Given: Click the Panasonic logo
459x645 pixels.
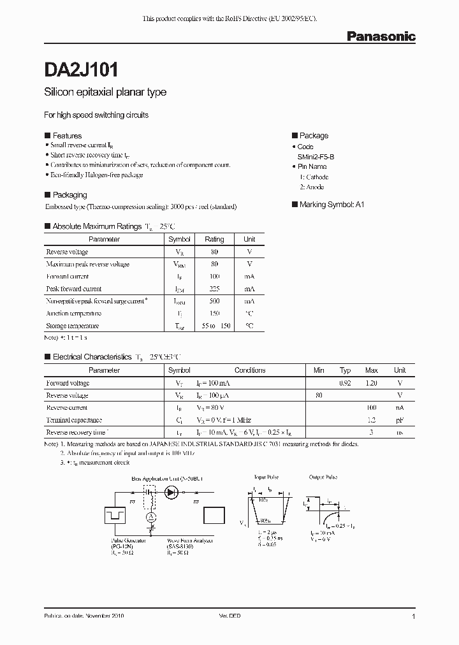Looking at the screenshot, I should tap(381, 37).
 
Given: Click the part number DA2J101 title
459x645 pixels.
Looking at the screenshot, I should tap(80, 69).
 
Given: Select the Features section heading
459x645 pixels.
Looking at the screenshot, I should tap(67, 136).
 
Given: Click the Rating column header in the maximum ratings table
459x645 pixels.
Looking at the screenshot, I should tap(214, 239).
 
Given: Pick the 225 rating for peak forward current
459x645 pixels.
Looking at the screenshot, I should tap(214, 289).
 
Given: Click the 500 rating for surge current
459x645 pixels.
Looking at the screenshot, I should tap(214, 301).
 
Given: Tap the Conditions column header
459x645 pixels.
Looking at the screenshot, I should tap(250, 370).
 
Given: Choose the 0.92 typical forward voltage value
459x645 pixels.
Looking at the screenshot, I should tap(345, 383).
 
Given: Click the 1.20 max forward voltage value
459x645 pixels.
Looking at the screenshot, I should tap(371, 383).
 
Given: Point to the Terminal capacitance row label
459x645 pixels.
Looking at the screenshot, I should tap(74, 420).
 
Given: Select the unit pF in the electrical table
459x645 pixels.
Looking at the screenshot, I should tap(400, 420).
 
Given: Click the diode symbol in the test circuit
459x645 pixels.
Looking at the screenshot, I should tap(170, 492).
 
